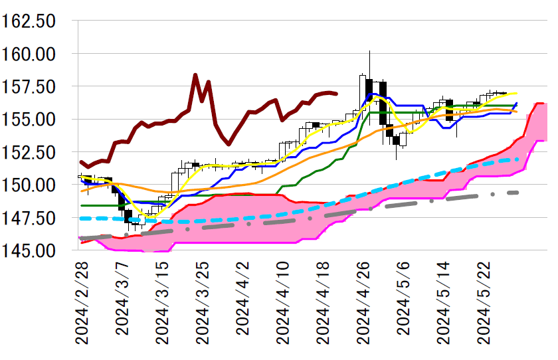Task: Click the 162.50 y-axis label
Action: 37,21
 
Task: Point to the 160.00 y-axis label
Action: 37,53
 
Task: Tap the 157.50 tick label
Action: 37,86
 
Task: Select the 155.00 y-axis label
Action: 37,119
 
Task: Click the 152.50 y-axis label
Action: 37,152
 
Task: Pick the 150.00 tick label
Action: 37,185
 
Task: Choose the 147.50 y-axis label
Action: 37,218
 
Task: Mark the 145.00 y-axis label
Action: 37,250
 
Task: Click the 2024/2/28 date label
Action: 83,302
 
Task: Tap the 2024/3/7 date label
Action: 124,297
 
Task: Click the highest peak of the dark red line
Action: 195,74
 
